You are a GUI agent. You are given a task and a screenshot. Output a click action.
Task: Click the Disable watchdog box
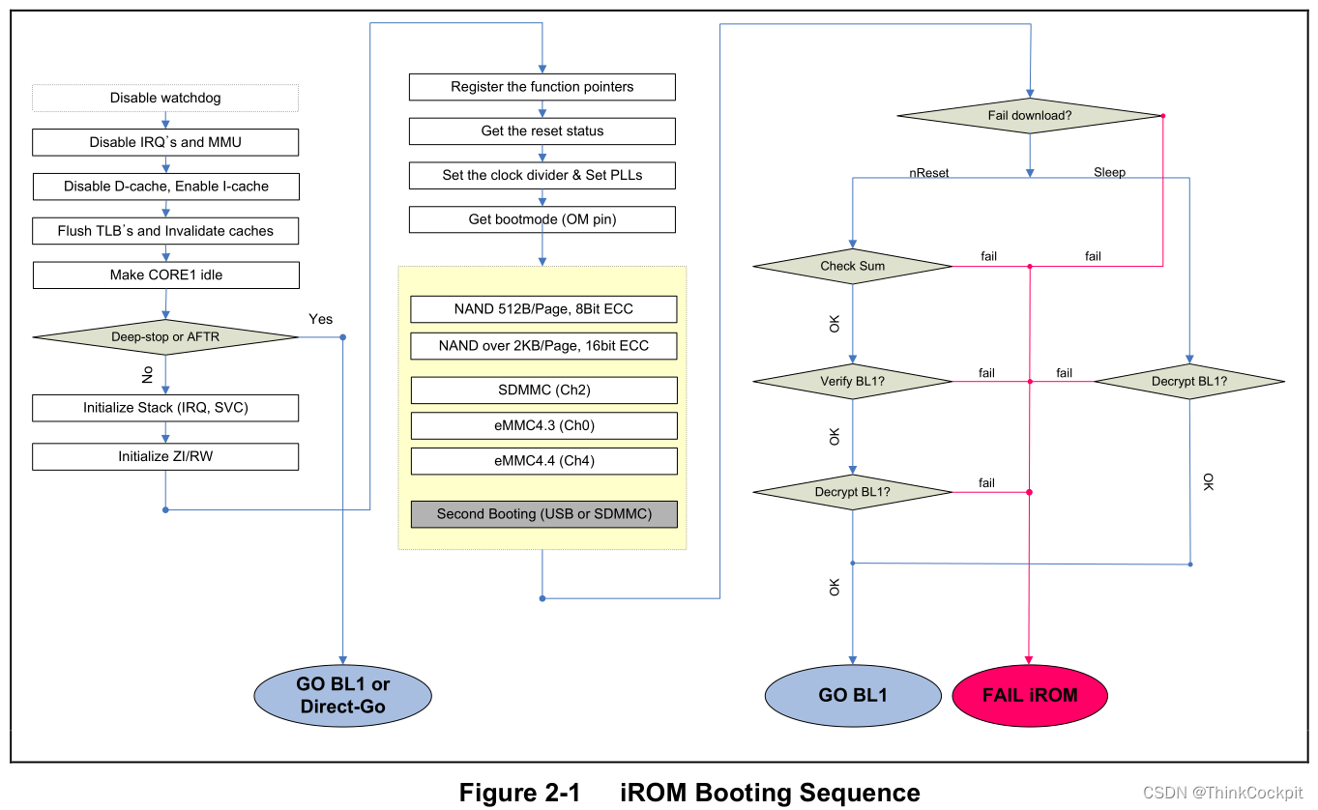pyautogui.click(x=165, y=98)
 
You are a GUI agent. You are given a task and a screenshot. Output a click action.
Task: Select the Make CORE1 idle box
pyautogui.click(x=165, y=275)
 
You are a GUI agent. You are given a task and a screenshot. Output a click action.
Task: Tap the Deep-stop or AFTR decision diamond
pyautogui.click(x=165, y=336)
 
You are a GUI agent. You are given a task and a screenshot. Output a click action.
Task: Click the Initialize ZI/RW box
pyautogui.click(x=165, y=456)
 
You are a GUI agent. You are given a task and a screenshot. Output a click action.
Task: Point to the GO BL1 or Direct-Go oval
pyautogui.click(x=342, y=695)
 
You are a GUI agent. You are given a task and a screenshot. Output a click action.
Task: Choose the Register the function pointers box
pyautogui.click(x=542, y=87)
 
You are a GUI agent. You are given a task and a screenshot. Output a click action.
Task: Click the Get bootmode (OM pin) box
pyautogui.click(x=542, y=219)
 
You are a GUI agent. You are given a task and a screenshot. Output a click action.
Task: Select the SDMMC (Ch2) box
pyautogui.click(x=543, y=390)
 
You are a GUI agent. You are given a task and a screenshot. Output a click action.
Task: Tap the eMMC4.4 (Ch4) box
pyautogui.click(x=543, y=461)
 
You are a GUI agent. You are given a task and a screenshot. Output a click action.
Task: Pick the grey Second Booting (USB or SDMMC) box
pyautogui.click(x=543, y=513)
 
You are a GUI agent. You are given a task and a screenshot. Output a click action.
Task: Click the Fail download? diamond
pyautogui.click(x=1029, y=116)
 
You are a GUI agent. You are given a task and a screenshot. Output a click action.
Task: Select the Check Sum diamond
pyautogui.click(x=852, y=266)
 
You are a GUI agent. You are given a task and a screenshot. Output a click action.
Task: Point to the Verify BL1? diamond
pyautogui.click(x=852, y=381)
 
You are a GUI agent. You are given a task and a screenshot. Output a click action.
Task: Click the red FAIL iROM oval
pyautogui.click(x=1029, y=695)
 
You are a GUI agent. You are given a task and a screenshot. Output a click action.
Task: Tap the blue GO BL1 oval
pyautogui.click(x=852, y=695)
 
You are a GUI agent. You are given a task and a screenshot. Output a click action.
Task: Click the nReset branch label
pyautogui.click(x=928, y=173)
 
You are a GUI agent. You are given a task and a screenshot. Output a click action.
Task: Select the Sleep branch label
pyautogui.click(x=1109, y=173)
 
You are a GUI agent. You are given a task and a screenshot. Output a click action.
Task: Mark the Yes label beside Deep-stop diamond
pyautogui.click(x=320, y=319)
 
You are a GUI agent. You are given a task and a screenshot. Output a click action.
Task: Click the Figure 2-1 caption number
pyautogui.click(x=519, y=793)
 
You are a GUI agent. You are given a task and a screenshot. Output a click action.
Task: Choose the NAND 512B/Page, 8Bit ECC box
pyautogui.click(x=543, y=309)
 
